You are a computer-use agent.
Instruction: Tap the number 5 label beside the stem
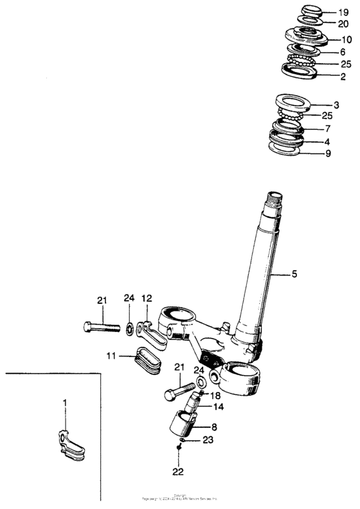tap(294, 274)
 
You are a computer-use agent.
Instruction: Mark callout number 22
tap(178, 471)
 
